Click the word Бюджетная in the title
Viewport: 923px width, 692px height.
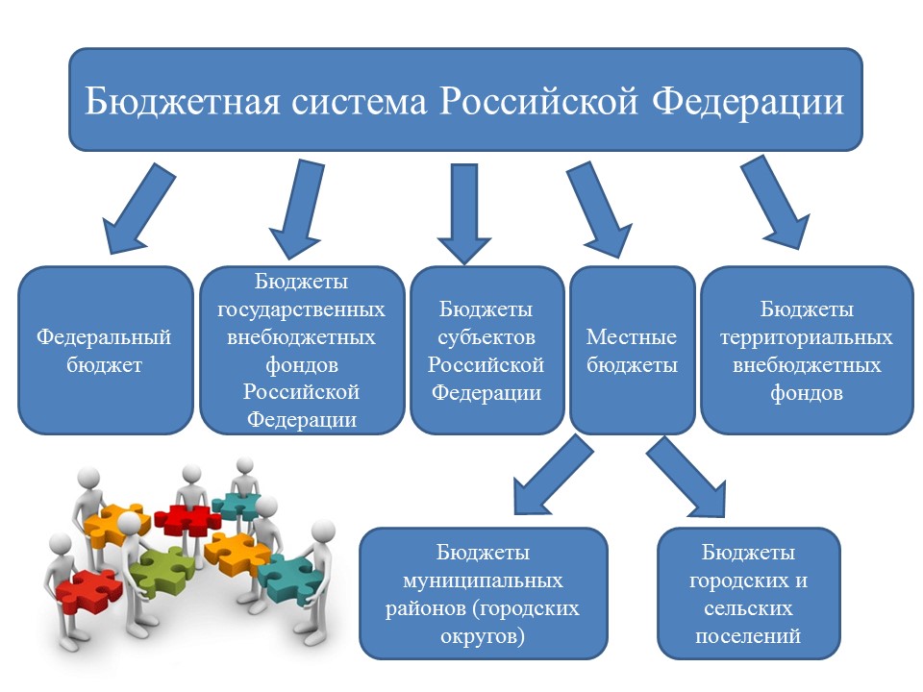[x=182, y=101]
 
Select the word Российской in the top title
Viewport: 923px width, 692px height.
[x=538, y=101]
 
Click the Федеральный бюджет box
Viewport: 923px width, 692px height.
[x=106, y=351]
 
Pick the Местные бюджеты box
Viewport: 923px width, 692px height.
[x=633, y=351]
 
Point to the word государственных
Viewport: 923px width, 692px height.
[x=301, y=309]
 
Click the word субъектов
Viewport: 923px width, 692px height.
[x=486, y=337]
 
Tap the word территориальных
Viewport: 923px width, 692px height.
[x=807, y=337]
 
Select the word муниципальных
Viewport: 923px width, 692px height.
[x=483, y=581]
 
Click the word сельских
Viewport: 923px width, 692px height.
[x=748, y=608]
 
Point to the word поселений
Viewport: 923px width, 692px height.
[x=748, y=636]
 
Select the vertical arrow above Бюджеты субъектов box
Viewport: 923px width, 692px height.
[x=463, y=213]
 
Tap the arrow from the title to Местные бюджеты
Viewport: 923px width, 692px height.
[x=600, y=210]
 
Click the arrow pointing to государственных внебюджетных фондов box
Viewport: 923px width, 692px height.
[x=297, y=209]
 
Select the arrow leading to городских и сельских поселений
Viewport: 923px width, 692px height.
[x=686, y=478]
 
